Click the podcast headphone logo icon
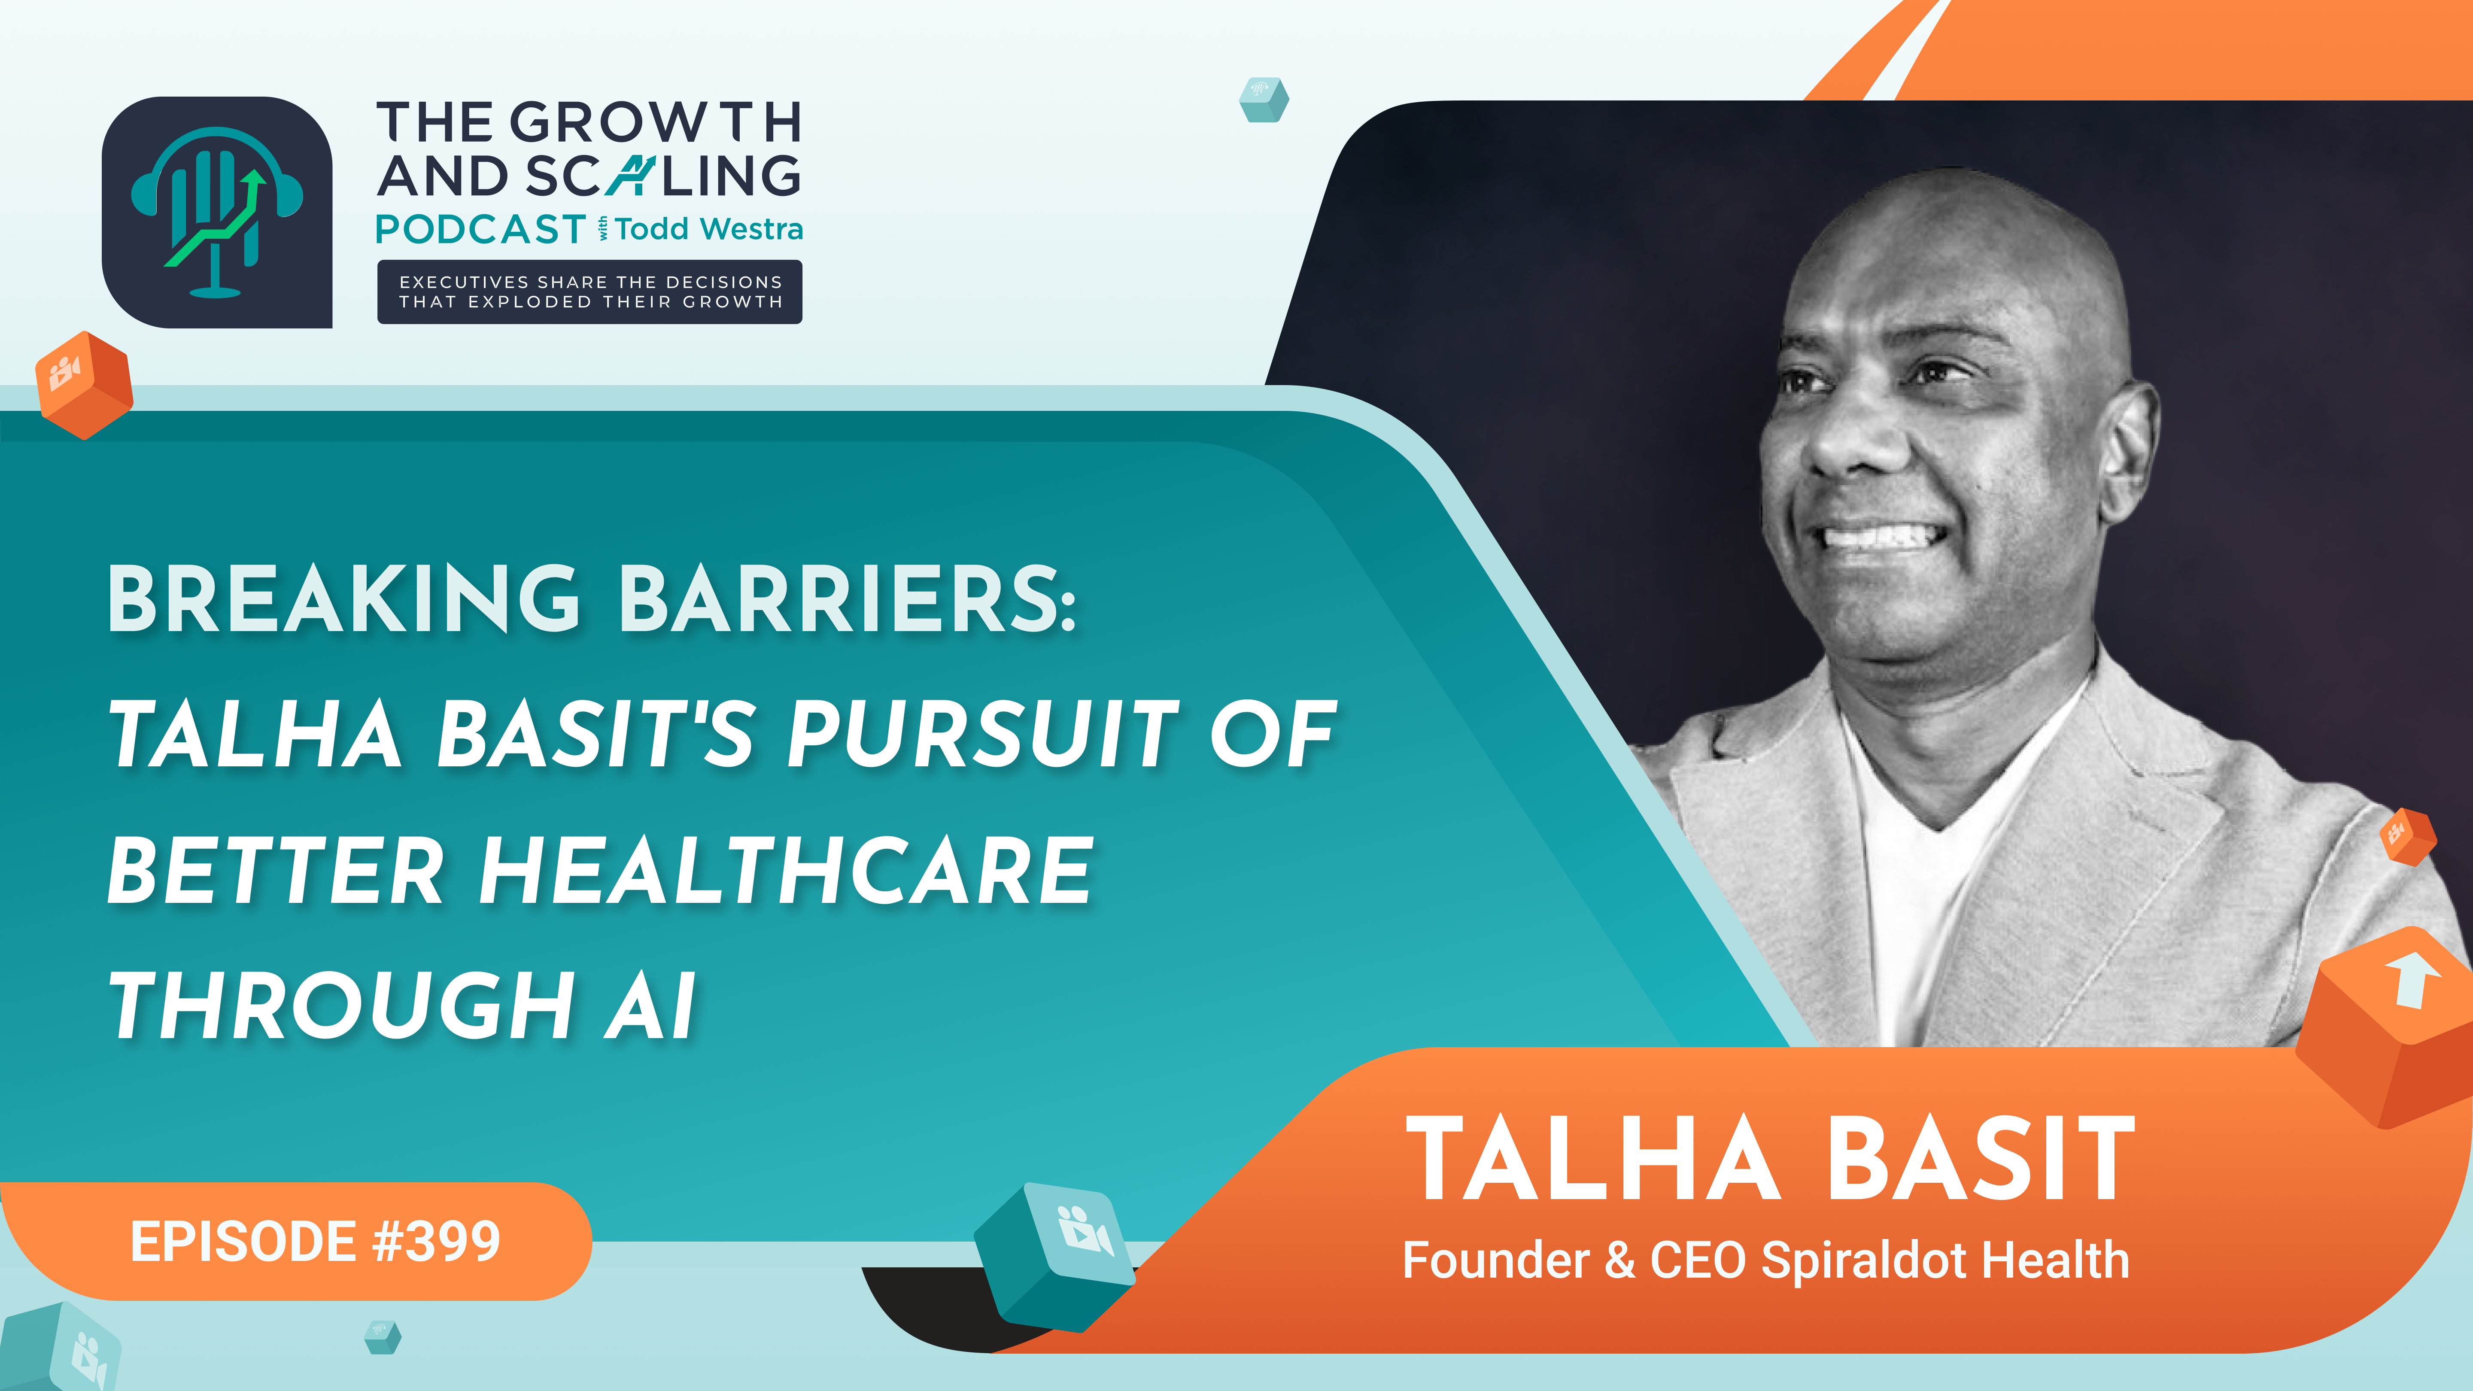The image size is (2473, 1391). click(217, 212)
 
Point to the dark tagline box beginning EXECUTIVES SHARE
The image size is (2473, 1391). click(589, 292)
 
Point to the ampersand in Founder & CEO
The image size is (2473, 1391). click(1619, 1260)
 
